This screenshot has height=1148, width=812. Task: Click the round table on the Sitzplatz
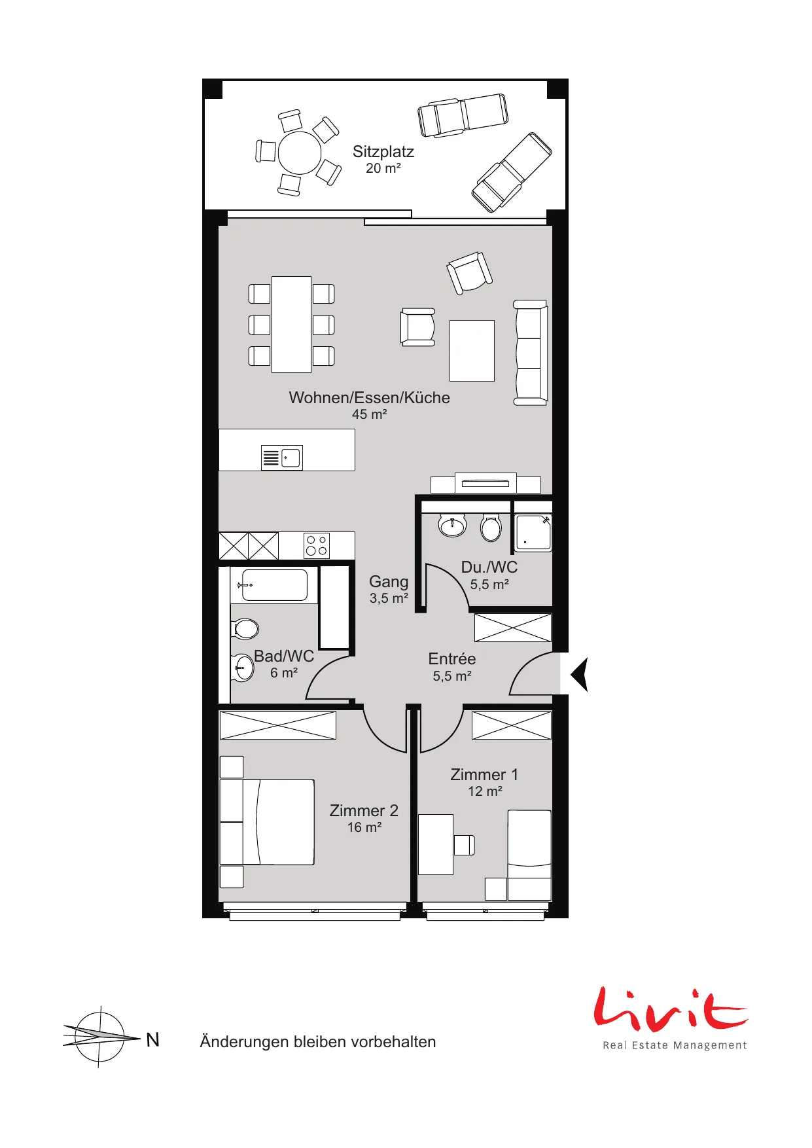[x=300, y=153]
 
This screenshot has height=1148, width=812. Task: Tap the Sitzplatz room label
[x=383, y=152]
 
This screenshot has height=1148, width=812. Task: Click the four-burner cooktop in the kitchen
[x=317, y=546]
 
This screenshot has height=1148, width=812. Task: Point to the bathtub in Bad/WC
[x=274, y=585]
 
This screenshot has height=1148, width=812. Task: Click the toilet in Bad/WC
[x=245, y=629]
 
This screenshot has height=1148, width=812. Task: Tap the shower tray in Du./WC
[x=533, y=533]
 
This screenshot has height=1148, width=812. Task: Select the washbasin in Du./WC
[x=453, y=525]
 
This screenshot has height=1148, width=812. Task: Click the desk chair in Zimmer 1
[x=464, y=845]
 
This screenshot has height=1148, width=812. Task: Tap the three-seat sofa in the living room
[x=530, y=353]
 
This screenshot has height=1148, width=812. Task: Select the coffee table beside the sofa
[x=472, y=350]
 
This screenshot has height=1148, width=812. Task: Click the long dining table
[x=291, y=325]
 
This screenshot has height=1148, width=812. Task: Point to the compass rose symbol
[x=100, y=1037]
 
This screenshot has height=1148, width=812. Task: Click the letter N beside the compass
[x=152, y=1040]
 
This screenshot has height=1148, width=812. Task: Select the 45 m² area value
[x=370, y=414]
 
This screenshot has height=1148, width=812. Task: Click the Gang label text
[x=389, y=582]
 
